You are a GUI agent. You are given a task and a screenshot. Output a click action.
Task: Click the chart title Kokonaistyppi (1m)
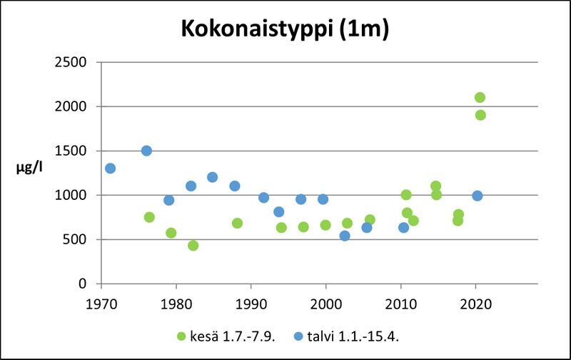(x=285, y=30)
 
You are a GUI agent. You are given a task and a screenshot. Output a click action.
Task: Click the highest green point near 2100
(x=480, y=97)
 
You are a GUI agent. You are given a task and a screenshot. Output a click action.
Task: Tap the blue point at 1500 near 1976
(x=146, y=151)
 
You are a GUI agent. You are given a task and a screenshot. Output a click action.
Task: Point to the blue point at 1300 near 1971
(x=110, y=169)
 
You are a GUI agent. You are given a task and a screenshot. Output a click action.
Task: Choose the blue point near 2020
(x=477, y=196)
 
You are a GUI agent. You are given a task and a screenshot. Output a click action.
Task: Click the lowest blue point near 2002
(x=345, y=236)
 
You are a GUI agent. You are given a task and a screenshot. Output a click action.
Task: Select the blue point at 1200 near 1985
(x=212, y=177)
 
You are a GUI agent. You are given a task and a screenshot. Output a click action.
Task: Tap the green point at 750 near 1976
(x=149, y=217)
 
